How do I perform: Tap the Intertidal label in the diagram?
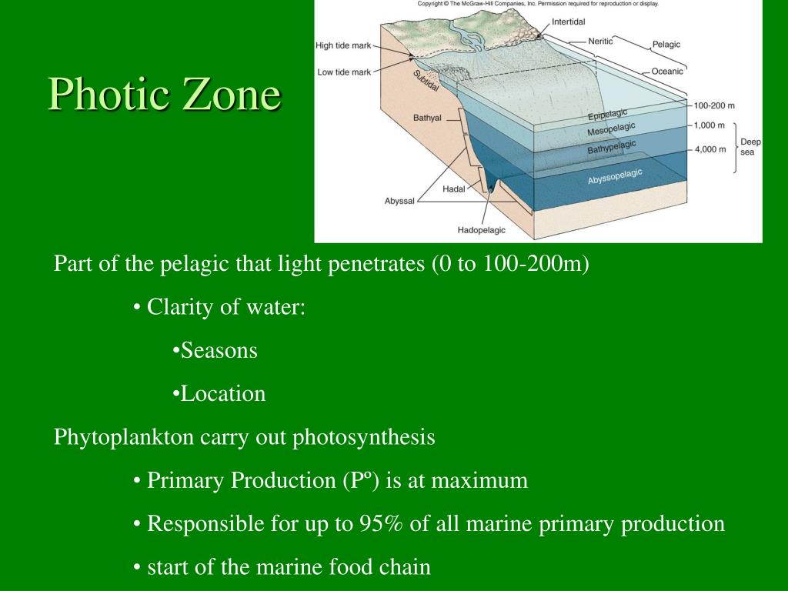(x=568, y=22)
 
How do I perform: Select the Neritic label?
(x=600, y=41)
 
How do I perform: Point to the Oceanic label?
(x=667, y=72)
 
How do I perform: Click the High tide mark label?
(x=343, y=45)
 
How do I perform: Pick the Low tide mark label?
(x=344, y=72)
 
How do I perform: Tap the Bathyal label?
(x=427, y=118)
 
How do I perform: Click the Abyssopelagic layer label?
(x=615, y=176)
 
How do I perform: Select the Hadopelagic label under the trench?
(x=482, y=229)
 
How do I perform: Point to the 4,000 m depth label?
(x=710, y=150)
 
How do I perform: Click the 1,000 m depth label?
(x=710, y=125)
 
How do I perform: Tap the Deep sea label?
(x=750, y=147)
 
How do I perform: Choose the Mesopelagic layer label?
(x=612, y=129)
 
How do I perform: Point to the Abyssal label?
(x=399, y=201)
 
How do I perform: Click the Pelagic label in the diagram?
(x=666, y=45)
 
